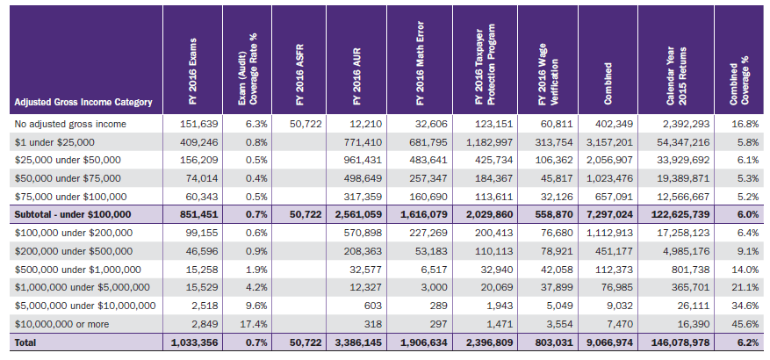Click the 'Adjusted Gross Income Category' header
[84, 103]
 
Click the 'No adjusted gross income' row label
[70, 124]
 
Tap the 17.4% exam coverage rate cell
[253, 324]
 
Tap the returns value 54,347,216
[673, 142]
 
